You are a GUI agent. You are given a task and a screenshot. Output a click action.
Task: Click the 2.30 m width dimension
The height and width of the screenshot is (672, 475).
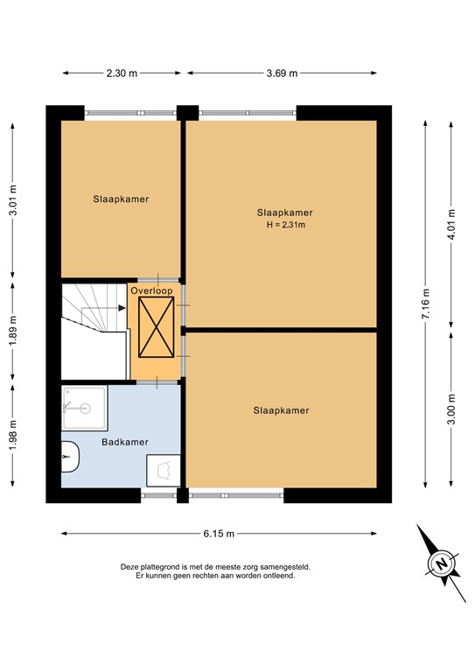coord(122,73)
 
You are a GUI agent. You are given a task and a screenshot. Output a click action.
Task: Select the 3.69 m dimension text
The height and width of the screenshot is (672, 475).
coord(281,73)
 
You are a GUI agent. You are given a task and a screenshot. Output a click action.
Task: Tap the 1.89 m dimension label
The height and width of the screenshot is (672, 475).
coord(13,332)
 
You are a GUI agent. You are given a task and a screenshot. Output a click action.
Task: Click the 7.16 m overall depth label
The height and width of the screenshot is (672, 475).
coord(425,304)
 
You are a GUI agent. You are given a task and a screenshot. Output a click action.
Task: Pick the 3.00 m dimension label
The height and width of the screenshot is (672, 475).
coord(451,409)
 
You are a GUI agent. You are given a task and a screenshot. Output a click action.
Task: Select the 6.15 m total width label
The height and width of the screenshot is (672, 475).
coord(219,533)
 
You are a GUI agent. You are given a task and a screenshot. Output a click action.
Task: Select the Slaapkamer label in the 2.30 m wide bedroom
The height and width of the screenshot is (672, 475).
coord(121,199)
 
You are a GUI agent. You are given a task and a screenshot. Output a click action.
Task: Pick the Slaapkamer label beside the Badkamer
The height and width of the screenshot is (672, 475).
coord(282,409)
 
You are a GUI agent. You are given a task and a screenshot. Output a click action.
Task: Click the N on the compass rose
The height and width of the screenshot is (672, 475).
coord(443,562)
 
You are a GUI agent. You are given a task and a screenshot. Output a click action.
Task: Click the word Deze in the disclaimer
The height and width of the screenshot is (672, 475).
coord(130,567)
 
